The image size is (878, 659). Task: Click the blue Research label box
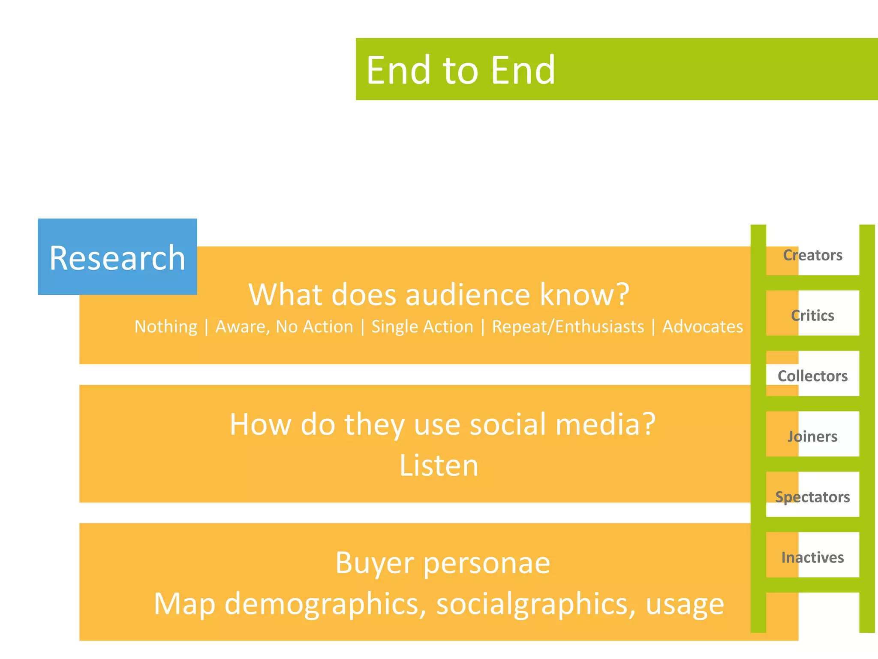click(117, 257)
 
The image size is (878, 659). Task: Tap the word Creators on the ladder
click(812, 255)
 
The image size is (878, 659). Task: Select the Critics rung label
click(812, 316)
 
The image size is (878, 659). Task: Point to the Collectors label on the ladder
click(812, 376)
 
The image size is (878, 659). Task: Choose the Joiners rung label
click(812, 437)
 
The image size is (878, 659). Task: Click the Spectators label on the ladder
click(812, 497)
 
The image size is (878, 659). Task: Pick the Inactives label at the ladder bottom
click(812, 557)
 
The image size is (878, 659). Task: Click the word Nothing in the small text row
click(166, 327)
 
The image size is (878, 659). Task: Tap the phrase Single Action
click(422, 327)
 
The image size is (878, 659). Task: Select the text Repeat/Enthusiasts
click(568, 327)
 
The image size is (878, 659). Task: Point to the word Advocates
click(702, 327)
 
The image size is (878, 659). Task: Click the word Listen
click(439, 466)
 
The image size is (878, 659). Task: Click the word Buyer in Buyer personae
click(375, 563)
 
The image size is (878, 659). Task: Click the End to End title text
click(460, 70)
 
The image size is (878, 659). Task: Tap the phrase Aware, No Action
click(284, 327)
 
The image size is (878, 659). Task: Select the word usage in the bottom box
click(685, 604)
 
